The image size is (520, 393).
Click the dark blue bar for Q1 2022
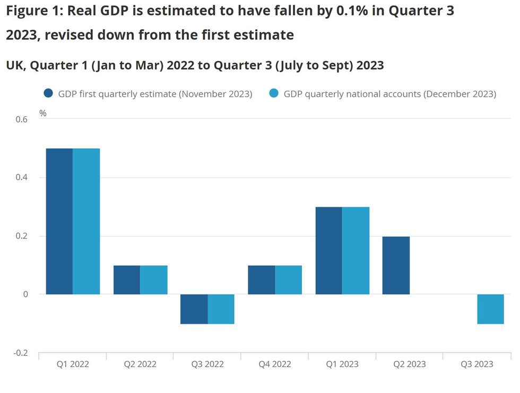point(59,221)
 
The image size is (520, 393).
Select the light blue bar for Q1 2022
point(86,221)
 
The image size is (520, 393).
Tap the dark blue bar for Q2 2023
point(396,265)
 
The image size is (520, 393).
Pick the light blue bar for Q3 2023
point(490,309)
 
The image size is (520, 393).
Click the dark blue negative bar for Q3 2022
point(194,309)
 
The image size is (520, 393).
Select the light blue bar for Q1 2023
point(356,250)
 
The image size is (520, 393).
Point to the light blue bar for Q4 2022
point(288,280)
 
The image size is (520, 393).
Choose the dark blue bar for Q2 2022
point(127,280)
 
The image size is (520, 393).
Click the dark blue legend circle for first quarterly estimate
point(49,93)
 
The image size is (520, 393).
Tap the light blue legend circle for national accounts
point(273,93)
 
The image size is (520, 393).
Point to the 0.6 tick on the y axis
point(21,119)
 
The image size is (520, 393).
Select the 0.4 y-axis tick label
point(21,177)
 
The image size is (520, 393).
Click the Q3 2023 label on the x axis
point(476,364)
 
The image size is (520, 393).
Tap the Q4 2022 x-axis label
point(274,364)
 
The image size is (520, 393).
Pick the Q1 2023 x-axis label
point(342,364)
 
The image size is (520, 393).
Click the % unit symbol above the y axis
point(43,113)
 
